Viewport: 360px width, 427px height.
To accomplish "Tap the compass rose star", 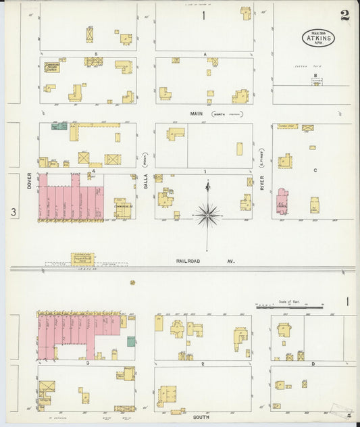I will tap(207, 215).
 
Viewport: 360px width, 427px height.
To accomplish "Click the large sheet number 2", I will tap(344, 16).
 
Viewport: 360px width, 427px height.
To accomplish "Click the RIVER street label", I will tap(262, 182).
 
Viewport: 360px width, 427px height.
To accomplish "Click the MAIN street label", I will tap(196, 114).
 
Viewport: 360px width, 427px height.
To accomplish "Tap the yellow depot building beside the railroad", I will tap(83, 259).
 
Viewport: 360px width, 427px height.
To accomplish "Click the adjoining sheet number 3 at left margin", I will tap(13, 213).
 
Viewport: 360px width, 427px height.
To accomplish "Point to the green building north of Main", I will tap(60, 126).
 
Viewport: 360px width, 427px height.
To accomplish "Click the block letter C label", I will tap(314, 170).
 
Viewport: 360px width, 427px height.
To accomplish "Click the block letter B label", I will tap(315, 76).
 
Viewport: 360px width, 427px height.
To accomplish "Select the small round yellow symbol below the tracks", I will tap(132, 282).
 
